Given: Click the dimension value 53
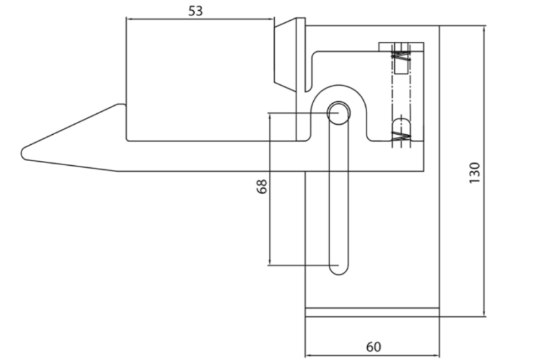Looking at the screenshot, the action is tap(195, 11).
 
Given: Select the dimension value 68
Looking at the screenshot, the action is tap(262, 186).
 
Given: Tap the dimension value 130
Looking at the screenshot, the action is tap(474, 173).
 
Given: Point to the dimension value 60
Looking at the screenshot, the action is tap(374, 347).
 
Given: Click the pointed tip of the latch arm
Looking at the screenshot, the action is tap(23, 153).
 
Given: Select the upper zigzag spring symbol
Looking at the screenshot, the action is tap(401, 56).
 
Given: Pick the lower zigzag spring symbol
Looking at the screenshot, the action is tap(401, 136).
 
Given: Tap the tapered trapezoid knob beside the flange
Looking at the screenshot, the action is tap(285, 55).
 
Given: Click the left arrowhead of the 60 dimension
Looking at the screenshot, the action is tap(309, 355).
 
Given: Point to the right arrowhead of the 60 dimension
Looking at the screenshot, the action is tap(436, 355).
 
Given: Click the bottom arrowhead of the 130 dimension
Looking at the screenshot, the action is tap(484, 313).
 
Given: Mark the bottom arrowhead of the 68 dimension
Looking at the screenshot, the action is tap(270, 262).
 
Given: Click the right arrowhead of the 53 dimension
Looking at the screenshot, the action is tap(272, 20).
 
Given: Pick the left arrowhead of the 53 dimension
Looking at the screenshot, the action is tap(130, 20).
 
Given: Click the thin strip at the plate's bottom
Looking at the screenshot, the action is tap(373, 312).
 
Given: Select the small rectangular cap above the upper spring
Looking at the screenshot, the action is tap(401, 47).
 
